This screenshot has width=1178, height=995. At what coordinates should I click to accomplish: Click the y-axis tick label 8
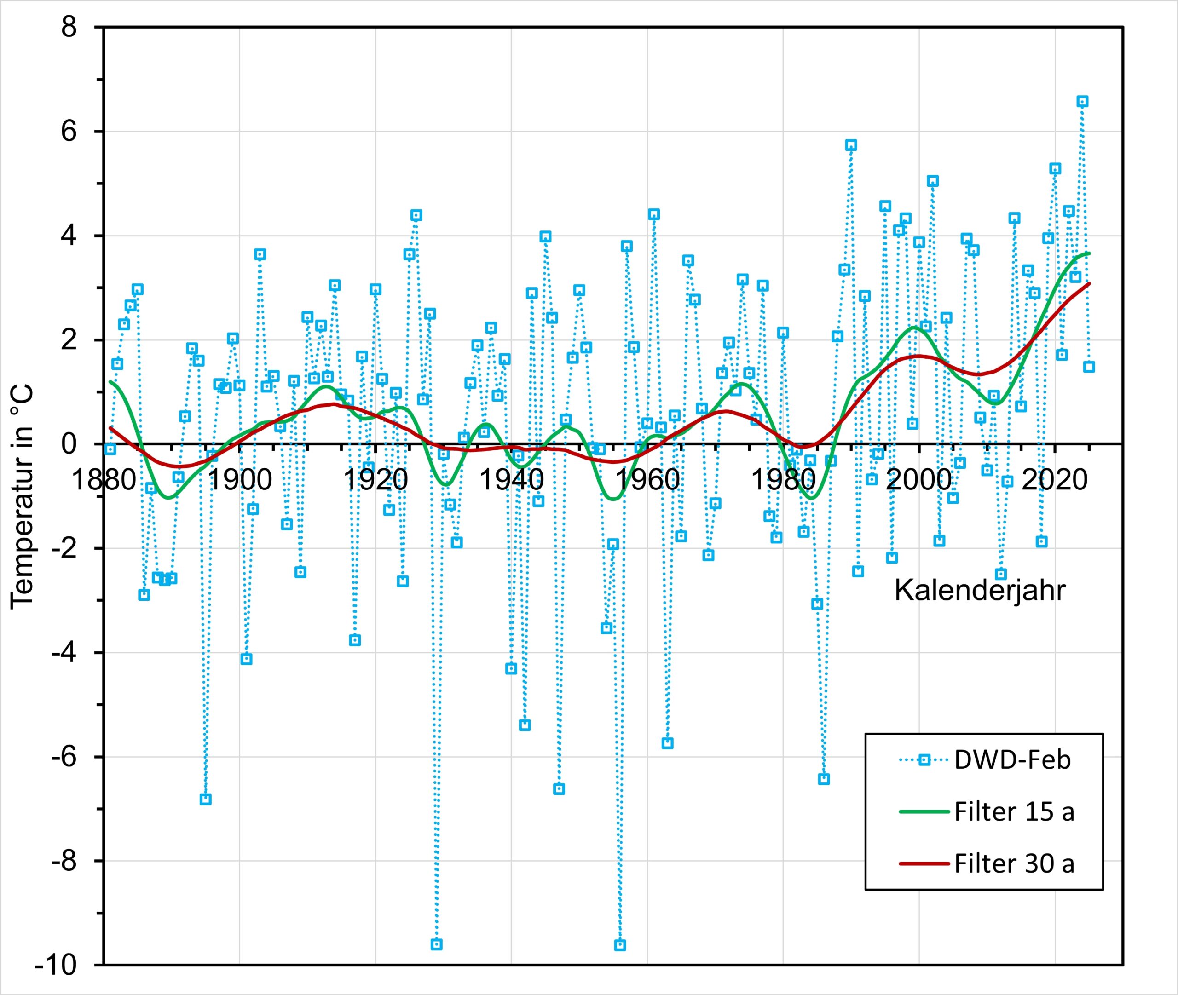[69, 27]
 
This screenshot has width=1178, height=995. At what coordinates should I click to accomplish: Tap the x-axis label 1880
[104, 480]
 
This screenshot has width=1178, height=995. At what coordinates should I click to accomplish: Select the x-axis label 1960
[647, 480]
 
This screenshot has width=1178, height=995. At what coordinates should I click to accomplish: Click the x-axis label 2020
[1054, 480]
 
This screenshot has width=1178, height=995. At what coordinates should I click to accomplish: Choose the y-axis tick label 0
[69, 444]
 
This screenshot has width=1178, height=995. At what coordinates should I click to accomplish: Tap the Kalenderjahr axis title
[980, 591]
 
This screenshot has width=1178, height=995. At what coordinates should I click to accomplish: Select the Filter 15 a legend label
[1014, 811]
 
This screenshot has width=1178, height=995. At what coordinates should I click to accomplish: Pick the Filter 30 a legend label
[1014, 863]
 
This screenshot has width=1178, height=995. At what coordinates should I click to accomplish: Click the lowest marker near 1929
[436, 945]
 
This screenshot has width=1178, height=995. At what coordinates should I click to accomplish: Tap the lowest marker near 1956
[620, 945]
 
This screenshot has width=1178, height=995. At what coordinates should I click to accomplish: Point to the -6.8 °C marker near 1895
[205, 799]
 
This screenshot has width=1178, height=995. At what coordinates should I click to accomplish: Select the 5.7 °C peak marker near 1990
[851, 145]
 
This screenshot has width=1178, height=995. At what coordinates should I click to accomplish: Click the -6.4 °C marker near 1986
[824, 779]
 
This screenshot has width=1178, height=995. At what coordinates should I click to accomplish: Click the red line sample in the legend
[924, 863]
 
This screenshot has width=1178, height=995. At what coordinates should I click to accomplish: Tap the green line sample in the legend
[924, 811]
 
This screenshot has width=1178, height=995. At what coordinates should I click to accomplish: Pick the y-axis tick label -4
[63, 653]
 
